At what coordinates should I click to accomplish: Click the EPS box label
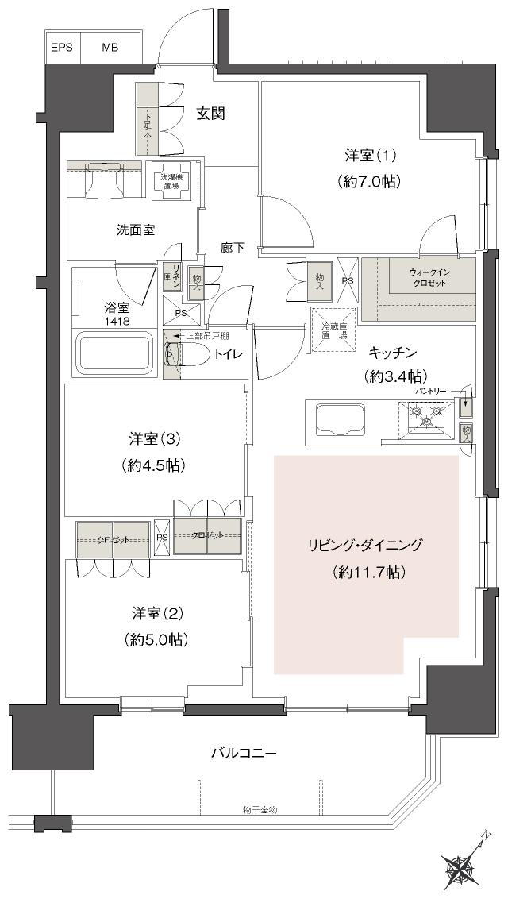(62, 48)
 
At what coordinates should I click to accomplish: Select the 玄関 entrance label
(211, 114)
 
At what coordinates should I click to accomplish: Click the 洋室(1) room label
(366, 156)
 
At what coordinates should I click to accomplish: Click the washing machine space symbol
(174, 181)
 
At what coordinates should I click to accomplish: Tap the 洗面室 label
(135, 230)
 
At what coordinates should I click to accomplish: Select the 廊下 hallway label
(233, 248)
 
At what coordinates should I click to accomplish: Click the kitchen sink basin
(341, 419)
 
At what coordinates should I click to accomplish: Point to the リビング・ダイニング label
(366, 545)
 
